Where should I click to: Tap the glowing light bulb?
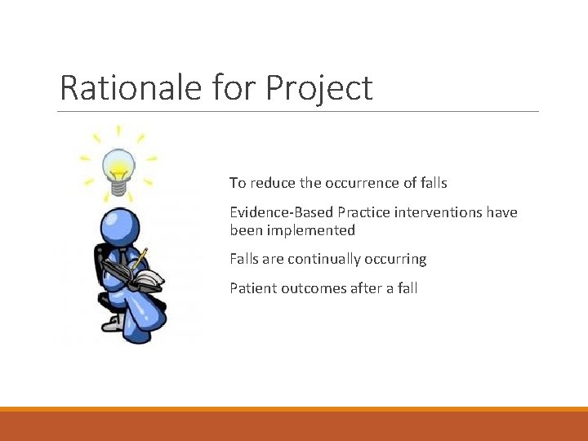click(x=118, y=163)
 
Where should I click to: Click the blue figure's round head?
click(x=118, y=228)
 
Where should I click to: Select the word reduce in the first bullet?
click(x=271, y=183)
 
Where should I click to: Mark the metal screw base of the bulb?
click(x=118, y=188)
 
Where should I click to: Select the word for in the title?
click(x=233, y=87)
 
